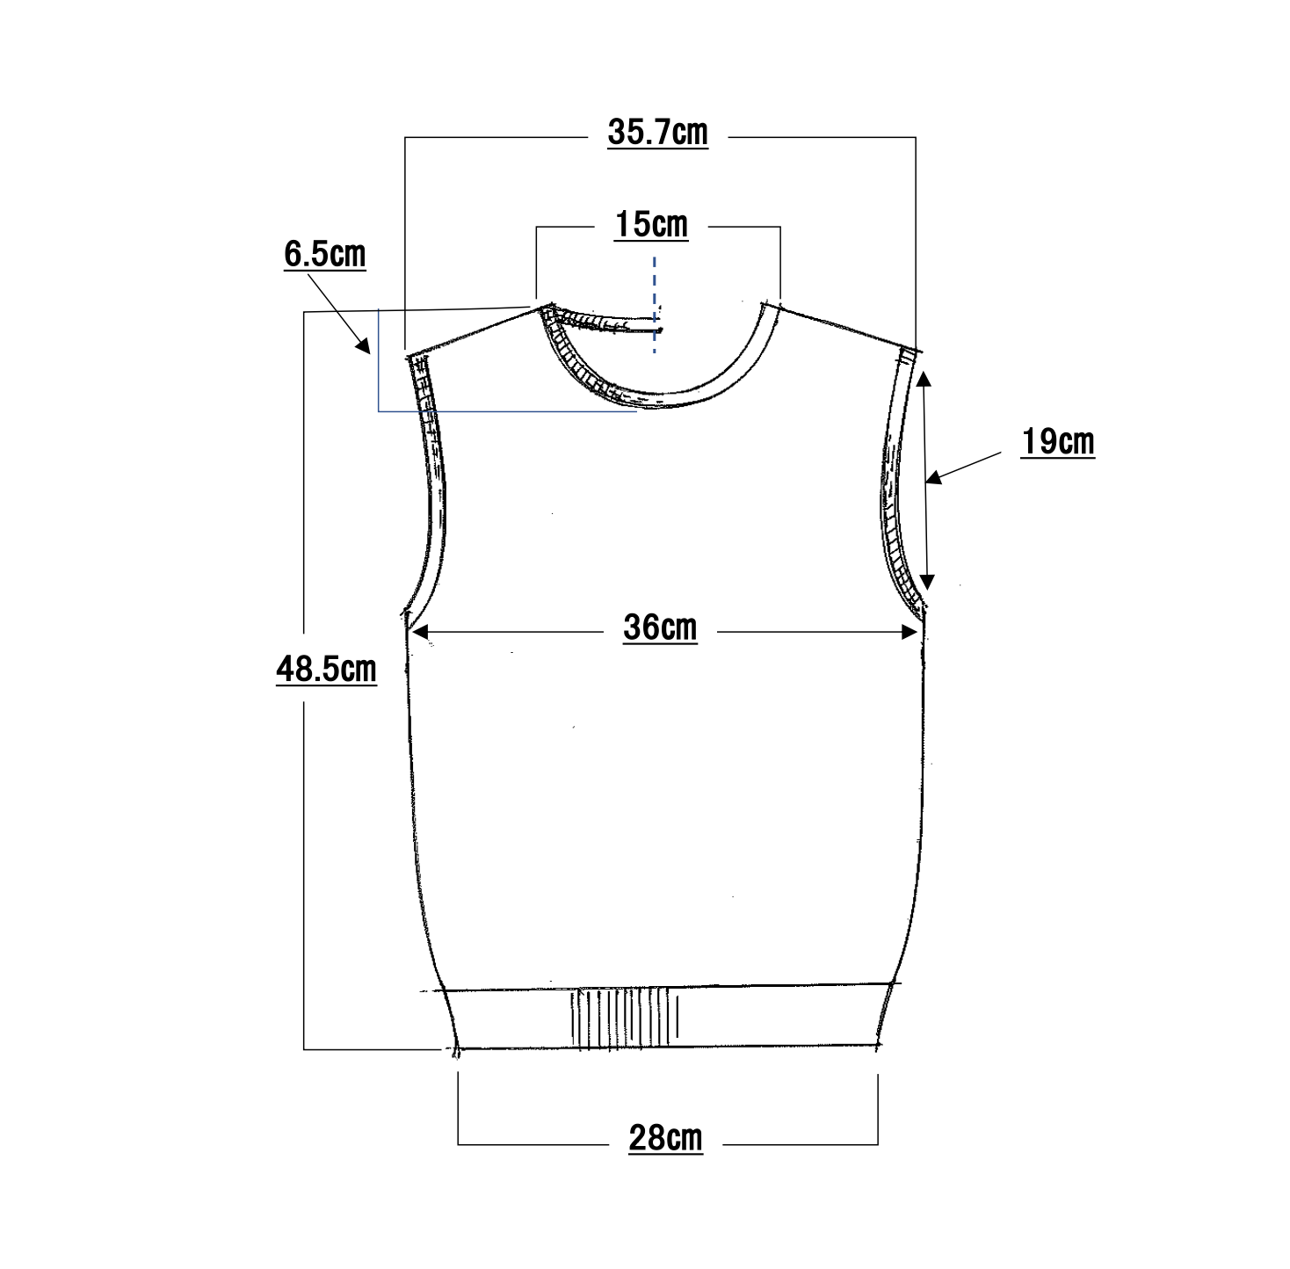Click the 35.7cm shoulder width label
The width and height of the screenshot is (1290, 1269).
657,133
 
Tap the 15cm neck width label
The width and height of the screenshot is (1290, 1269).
651,225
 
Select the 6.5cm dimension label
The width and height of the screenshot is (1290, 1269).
324,255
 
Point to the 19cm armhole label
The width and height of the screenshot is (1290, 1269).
1058,442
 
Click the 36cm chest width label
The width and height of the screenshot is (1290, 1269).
660,628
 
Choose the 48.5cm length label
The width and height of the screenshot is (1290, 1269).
326,669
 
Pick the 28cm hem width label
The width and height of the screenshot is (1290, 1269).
665,1138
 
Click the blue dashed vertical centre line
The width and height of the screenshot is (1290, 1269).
654,305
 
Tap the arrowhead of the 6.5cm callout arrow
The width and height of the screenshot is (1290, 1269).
363,346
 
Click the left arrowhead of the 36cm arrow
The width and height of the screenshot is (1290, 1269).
420,632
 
